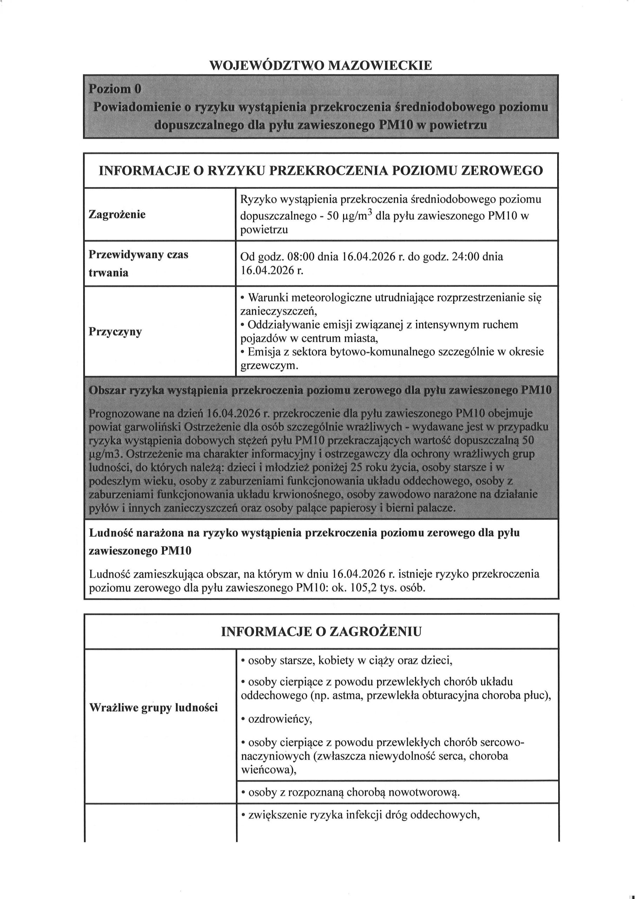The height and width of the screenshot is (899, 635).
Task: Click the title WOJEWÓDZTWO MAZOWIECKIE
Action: pos(321,65)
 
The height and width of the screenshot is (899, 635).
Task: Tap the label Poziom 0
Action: pos(114,89)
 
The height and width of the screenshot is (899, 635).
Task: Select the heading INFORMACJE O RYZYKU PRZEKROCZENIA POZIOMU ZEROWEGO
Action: pos(321,171)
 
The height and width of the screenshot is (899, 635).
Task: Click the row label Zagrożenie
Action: pos(117,214)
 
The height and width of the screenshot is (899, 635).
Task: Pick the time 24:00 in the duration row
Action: pos(465,257)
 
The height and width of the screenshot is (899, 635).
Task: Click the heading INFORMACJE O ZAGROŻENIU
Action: pos(321,631)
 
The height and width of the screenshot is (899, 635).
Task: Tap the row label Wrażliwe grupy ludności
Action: pos(153,708)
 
